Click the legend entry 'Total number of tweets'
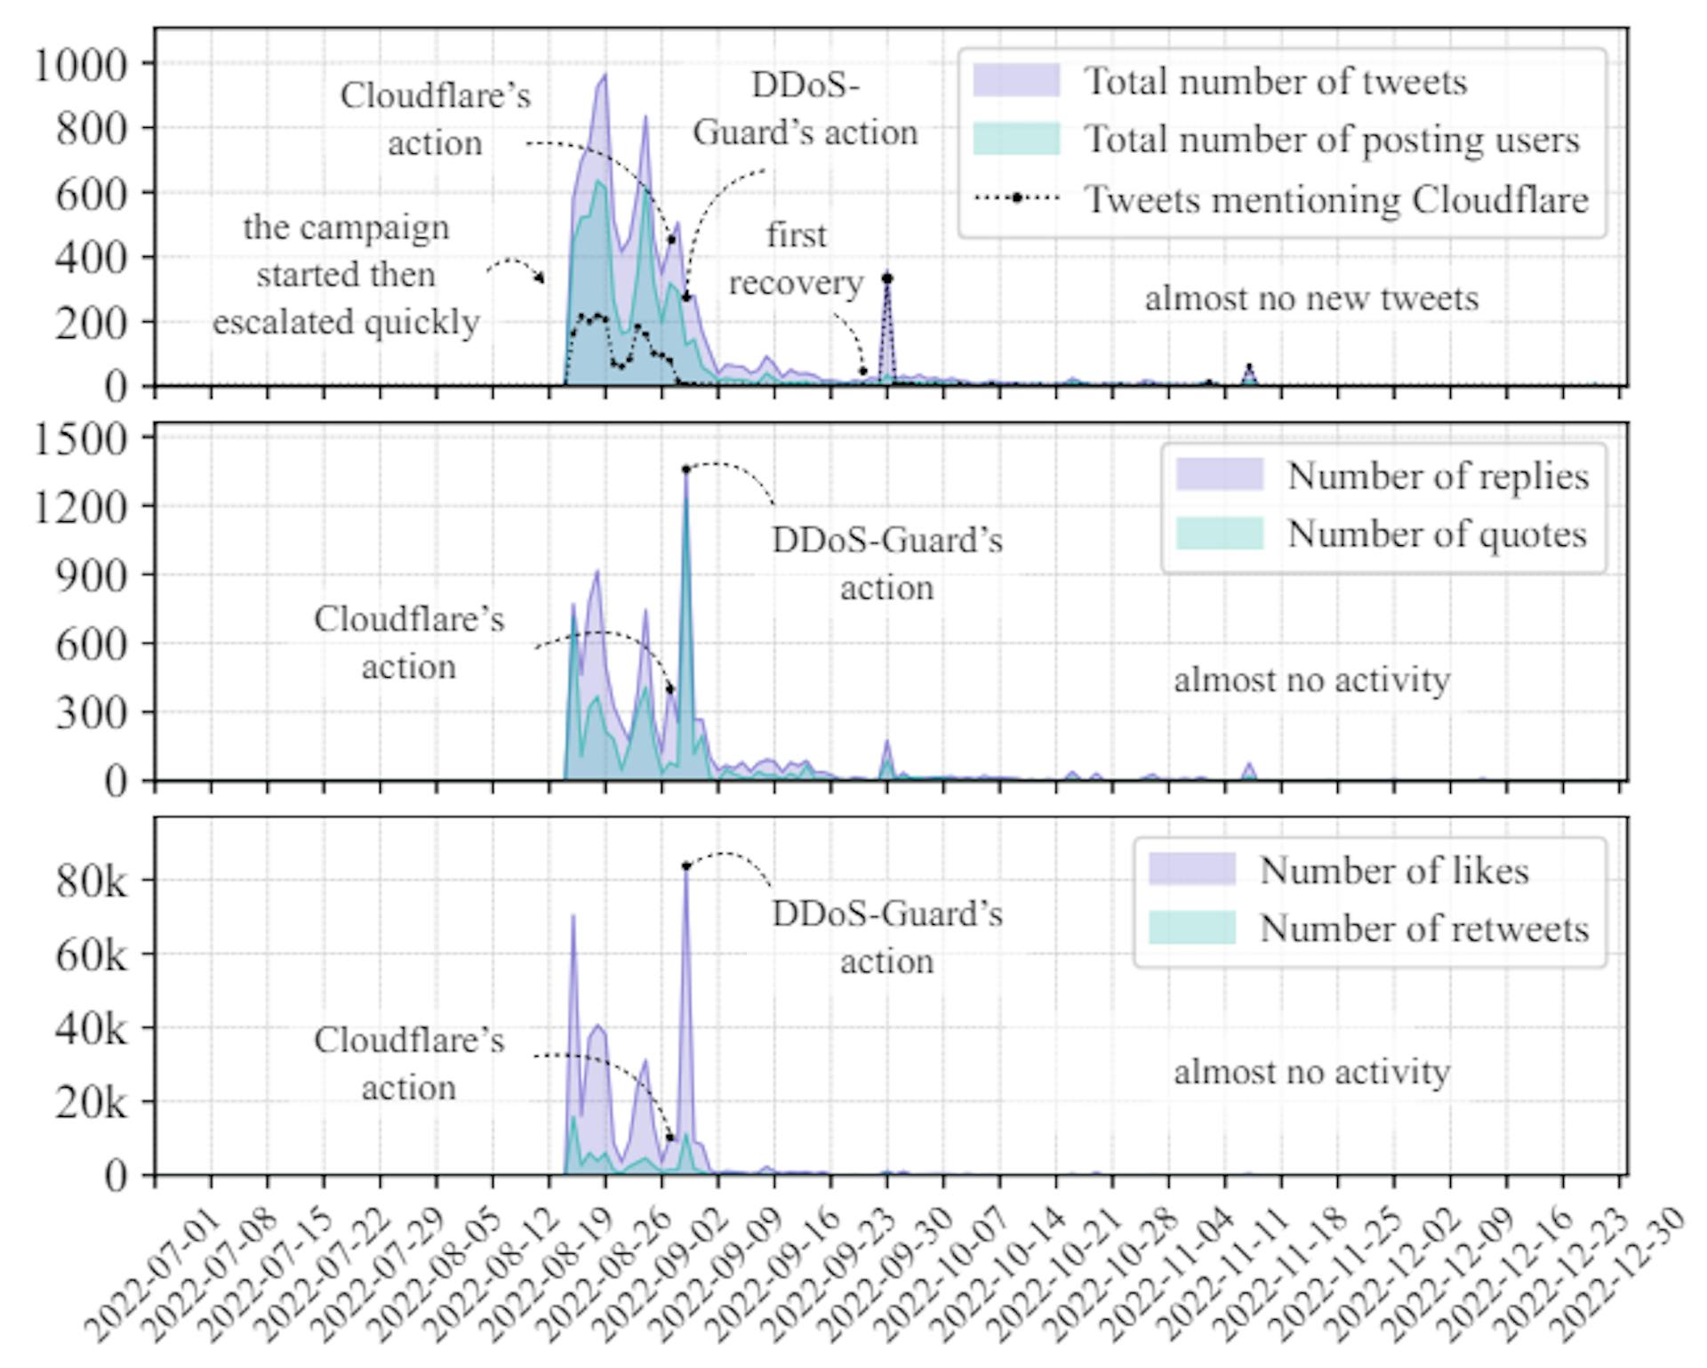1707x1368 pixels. tap(1275, 82)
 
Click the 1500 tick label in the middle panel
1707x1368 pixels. tap(80, 439)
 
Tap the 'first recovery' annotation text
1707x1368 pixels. tap(796, 259)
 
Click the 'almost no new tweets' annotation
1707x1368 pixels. tap(1311, 298)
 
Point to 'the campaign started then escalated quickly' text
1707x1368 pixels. tap(346, 275)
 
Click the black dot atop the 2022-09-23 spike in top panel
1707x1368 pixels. tap(886, 278)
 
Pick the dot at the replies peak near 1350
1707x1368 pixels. tap(685, 470)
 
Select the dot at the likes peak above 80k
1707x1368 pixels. tap(685, 865)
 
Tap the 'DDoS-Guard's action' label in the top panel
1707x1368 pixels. tap(805, 109)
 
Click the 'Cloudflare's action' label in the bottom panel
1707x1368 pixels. tap(409, 1064)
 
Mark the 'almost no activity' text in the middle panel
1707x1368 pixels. tap(1311, 680)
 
